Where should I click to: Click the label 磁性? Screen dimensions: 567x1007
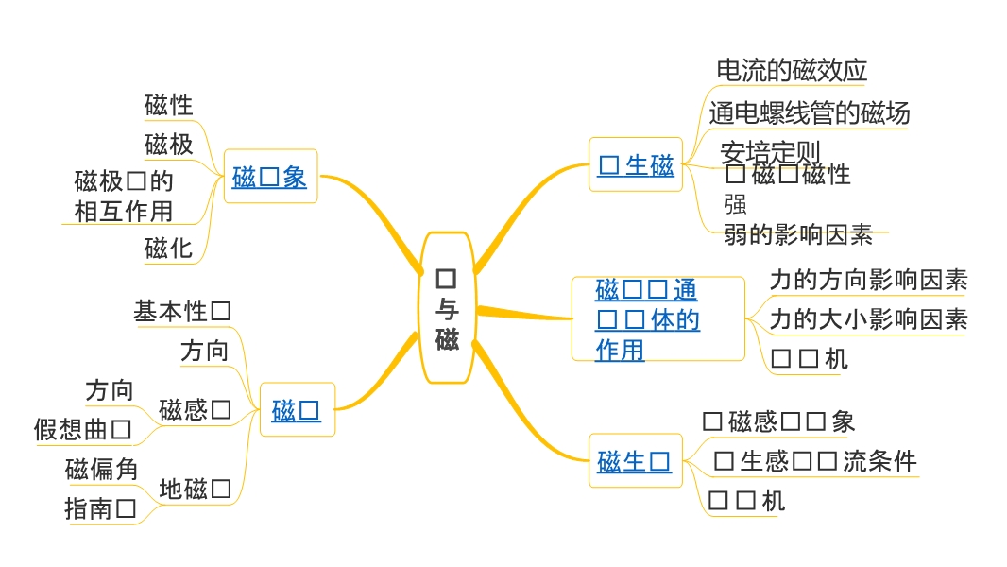pyautogui.click(x=168, y=105)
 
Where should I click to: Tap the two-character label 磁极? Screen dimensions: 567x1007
pyautogui.click(x=168, y=145)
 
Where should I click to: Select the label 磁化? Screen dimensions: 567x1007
pyautogui.click(x=168, y=249)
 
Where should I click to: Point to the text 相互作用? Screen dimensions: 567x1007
pyautogui.click(x=123, y=211)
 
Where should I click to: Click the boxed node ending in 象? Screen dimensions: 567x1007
pyautogui.click(x=269, y=177)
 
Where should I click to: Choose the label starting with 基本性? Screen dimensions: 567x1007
pyautogui.click(x=182, y=311)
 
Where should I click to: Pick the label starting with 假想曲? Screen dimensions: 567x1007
pyautogui.click(x=82, y=430)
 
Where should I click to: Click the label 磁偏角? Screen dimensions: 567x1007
pyautogui.click(x=101, y=469)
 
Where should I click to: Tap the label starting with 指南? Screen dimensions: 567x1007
pyautogui.click(x=100, y=509)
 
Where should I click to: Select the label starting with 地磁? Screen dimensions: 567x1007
pyautogui.click(x=195, y=489)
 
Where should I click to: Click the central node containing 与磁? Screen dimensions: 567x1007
pyautogui.click(x=447, y=308)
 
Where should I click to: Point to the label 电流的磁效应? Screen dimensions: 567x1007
pyautogui.click(x=792, y=70)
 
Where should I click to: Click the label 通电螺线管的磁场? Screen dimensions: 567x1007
pyautogui.click(x=810, y=113)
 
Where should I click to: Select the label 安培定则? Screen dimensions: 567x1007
pyautogui.click(x=770, y=151)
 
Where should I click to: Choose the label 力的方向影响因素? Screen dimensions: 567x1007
pyautogui.click(x=868, y=280)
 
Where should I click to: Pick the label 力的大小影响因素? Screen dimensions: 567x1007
pyautogui.click(x=868, y=319)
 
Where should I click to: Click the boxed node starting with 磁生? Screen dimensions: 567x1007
pyautogui.click(x=635, y=461)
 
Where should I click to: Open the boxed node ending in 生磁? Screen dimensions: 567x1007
pyautogui.click(x=636, y=165)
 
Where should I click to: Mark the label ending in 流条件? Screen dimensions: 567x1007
pyautogui.click(x=815, y=461)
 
